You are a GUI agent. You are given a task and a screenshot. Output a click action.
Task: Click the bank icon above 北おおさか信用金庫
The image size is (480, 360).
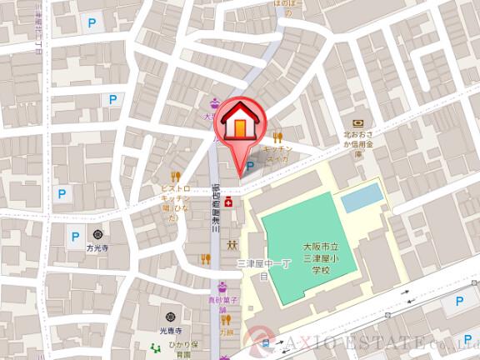tap(357, 121)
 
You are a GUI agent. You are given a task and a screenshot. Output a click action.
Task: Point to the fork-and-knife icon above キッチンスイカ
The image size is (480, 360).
tap(279, 134)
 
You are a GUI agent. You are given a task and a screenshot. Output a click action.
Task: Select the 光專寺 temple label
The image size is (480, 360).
tap(171, 331)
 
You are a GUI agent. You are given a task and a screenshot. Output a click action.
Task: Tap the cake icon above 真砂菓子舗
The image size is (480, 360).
tap(222, 287)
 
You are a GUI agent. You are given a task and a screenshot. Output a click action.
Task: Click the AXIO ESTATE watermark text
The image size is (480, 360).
tap(375, 343)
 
